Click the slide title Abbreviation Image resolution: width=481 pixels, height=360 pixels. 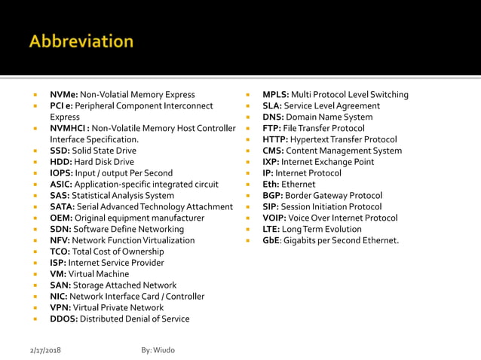coord(81,41)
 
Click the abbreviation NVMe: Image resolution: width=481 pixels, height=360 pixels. coord(64,95)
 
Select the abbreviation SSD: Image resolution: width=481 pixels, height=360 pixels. coord(60,151)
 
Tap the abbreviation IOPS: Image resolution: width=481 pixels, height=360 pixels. coord(62,173)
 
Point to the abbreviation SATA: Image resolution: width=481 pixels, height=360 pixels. coord(63,206)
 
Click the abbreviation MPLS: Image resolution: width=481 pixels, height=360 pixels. coord(275,95)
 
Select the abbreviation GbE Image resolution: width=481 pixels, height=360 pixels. coord(271,240)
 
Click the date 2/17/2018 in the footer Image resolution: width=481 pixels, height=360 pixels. coord(44,351)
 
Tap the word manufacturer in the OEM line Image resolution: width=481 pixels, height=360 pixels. coord(176,218)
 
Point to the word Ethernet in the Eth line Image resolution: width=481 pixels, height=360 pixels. coord(299,185)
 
